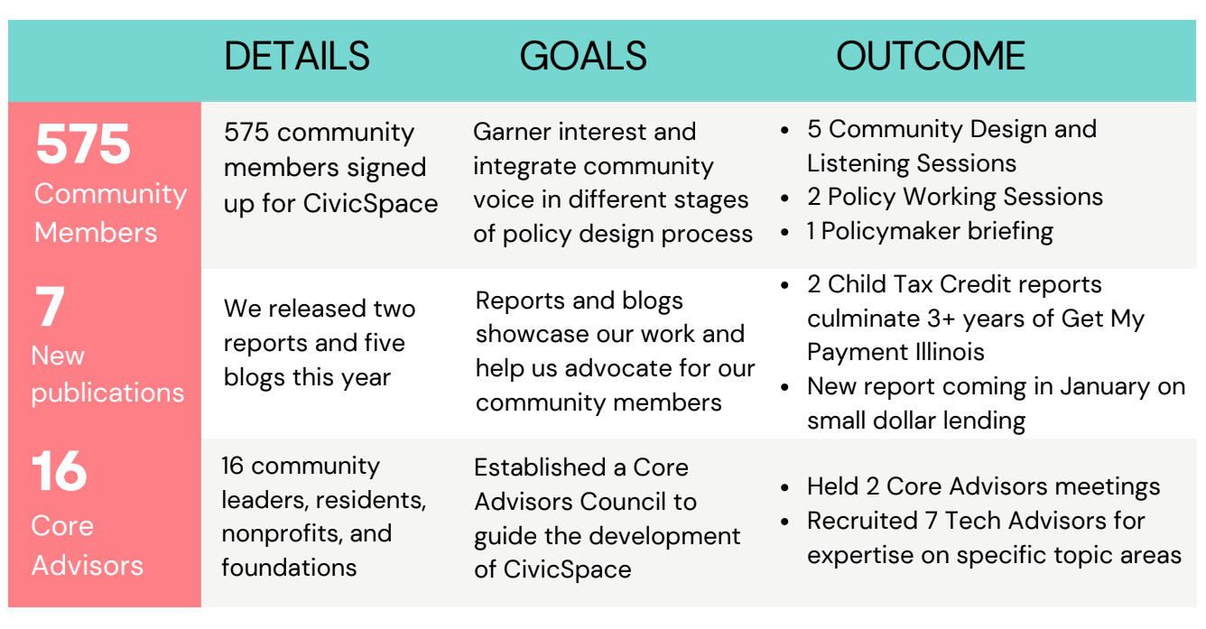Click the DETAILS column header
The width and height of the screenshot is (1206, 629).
point(297,56)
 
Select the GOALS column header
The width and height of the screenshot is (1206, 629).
point(583,56)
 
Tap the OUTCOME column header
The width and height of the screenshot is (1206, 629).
point(930,56)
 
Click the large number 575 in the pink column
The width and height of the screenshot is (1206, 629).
point(83,145)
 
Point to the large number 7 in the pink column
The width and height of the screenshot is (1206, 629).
point(50,307)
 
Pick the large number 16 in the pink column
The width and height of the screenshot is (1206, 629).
point(60,471)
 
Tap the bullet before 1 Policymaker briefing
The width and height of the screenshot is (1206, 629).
point(786,232)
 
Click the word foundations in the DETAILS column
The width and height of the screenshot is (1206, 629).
point(290,568)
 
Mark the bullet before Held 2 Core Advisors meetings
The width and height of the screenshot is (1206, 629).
point(786,488)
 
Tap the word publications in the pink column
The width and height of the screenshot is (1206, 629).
point(107,393)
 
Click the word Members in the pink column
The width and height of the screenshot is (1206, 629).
point(96,232)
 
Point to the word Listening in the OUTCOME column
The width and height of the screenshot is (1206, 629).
point(858,163)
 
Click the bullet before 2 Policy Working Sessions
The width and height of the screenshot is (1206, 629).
point(786,198)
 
